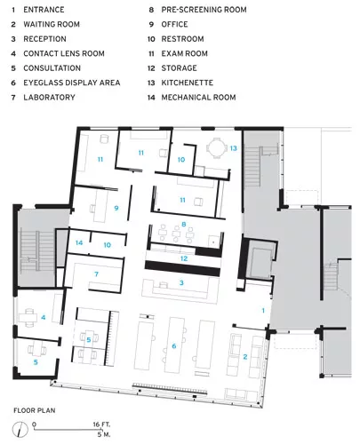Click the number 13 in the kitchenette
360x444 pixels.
[x=234, y=148]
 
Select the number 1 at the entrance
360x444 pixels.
[x=263, y=311]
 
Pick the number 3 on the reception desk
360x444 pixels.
[x=181, y=283]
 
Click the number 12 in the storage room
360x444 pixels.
[x=184, y=258]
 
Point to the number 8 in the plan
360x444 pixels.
[x=184, y=224]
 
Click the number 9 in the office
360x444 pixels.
[x=116, y=208]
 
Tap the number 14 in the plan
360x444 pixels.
[x=79, y=242]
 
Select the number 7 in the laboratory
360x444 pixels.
[x=96, y=274]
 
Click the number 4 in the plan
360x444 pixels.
[x=44, y=317]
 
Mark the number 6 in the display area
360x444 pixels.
[x=174, y=345]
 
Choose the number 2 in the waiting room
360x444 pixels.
[x=245, y=357]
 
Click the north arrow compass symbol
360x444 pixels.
[x=20, y=429]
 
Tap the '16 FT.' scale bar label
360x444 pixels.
[x=101, y=424]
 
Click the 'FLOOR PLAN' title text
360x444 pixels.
[x=35, y=410]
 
